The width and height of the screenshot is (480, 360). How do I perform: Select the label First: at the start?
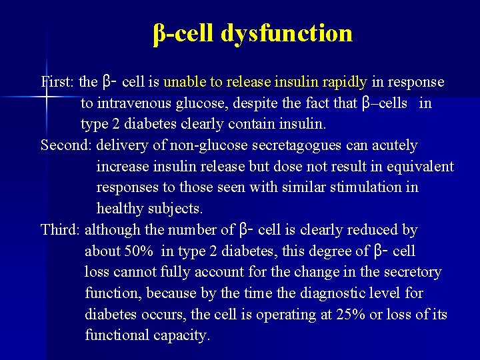[x=58, y=82]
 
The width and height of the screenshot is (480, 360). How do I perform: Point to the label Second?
[x=67, y=145]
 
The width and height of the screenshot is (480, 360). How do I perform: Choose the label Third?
[x=61, y=230]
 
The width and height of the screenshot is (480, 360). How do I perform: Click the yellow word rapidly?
[x=345, y=82]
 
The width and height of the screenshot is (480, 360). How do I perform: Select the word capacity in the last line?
[x=181, y=335]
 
